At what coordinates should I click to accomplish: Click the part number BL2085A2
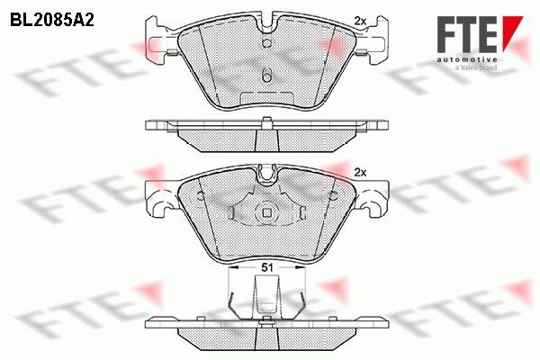point(52,21)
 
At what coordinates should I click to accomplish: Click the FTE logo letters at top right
point(467,34)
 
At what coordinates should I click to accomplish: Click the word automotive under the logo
point(467,59)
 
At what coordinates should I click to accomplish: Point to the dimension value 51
point(267,267)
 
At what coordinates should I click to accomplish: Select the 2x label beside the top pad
point(360,22)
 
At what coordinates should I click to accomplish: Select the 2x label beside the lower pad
point(360,173)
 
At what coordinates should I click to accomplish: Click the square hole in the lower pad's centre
point(267,213)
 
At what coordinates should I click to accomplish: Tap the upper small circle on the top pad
point(267,42)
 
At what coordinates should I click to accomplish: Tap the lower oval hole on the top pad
point(267,76)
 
